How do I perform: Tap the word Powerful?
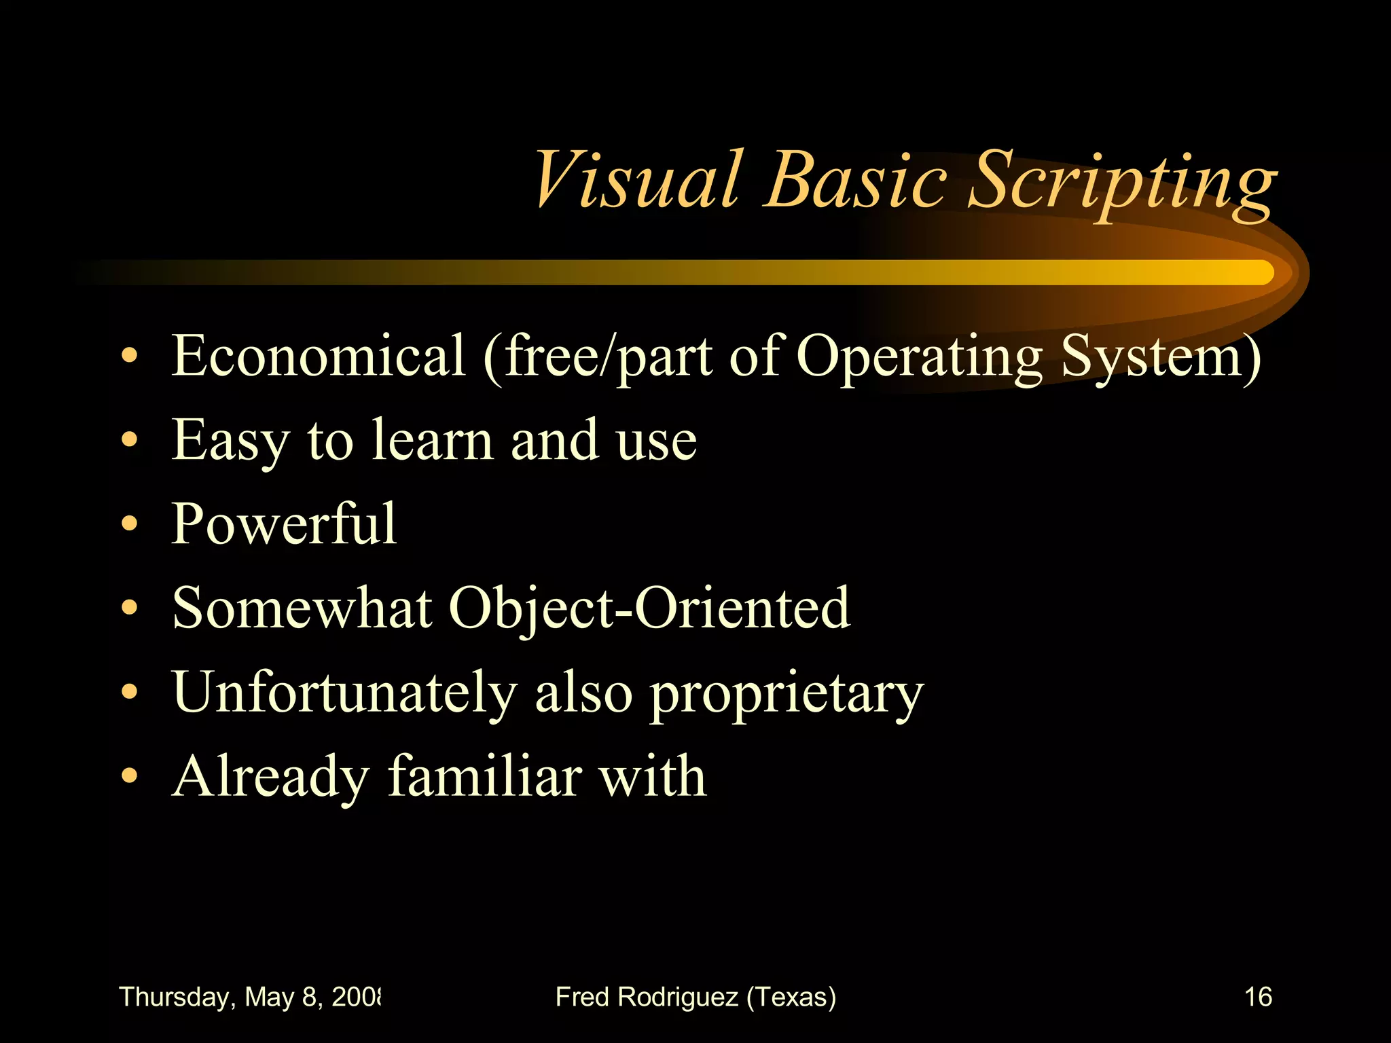coord(284,524)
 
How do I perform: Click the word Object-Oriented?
coord(649,608)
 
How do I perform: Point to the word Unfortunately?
coord(345,693)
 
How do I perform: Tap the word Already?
coord(270,777)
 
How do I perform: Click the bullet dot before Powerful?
coord(130,525)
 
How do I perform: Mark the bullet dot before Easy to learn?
coord(130,441)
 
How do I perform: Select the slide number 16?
coord(1258,997)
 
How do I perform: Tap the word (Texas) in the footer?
coord(791,998)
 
